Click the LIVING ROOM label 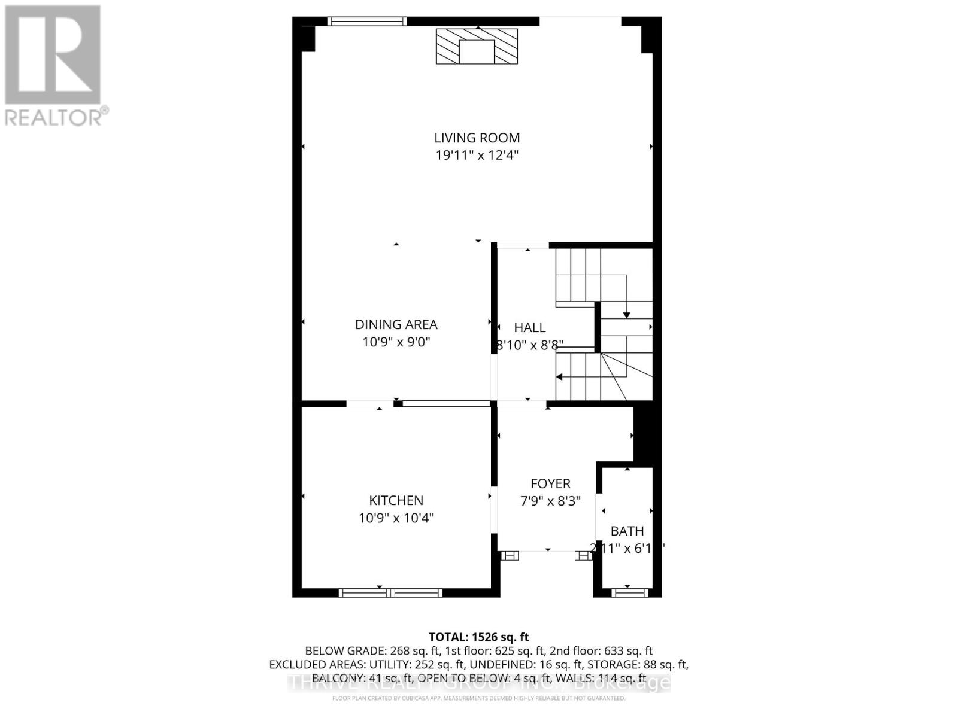tap(477, 138)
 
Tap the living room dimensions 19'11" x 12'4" tap(477, 156)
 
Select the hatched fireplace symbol tap(477, 45)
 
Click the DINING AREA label tap(396, 324)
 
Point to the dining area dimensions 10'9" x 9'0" tap(396, 342)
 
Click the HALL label tap(529, 327)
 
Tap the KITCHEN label tap(396, 500)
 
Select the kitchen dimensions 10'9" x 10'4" tap(396, 518)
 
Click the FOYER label tap(550, 483)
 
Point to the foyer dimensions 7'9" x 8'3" tap(550, 501)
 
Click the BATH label tap(627, 531)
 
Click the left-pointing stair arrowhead tap(559, 377)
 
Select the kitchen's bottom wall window tap(390, 592)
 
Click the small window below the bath tap(629, 592)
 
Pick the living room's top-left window tap(366, 22)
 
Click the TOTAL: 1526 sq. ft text tap(478, 637)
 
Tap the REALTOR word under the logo tap(54, 117)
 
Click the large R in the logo tap(53, 54)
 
